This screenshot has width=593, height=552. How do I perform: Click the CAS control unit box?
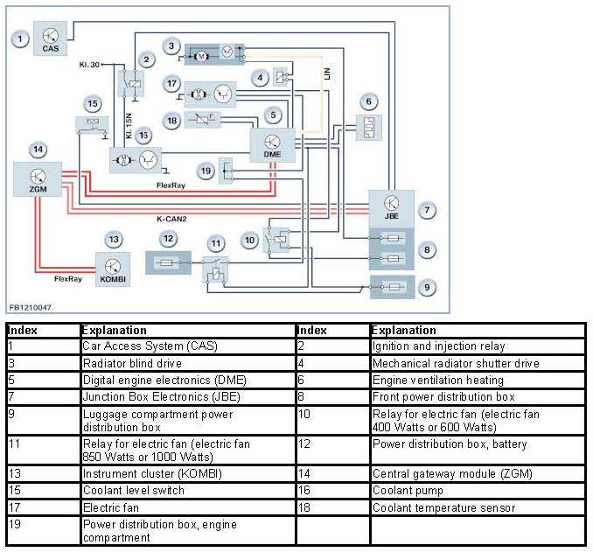(51, 38)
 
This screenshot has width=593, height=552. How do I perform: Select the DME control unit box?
(273, 145)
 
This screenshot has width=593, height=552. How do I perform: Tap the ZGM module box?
(38, 179)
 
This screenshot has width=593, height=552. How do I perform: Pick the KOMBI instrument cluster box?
(113, 269)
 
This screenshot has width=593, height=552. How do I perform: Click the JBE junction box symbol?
(392, 209)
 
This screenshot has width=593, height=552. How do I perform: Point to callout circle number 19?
(206, 171)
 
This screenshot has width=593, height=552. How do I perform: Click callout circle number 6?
(369, 101)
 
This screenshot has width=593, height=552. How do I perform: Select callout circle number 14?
(38, 150)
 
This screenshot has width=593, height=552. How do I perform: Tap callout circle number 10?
(249, 241)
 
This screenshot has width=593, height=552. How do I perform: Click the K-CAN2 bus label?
(171, 219)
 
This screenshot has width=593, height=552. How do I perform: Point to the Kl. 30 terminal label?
(89, 65)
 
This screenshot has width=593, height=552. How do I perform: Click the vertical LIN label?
(327, 73)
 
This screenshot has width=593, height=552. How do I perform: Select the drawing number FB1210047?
(31, 308)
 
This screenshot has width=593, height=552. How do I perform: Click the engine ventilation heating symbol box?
(369, 128)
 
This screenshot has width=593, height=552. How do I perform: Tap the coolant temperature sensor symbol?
(203, 120)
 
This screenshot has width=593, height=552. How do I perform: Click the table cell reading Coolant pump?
(408, 491)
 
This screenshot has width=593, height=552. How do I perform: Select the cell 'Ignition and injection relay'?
(439, 346)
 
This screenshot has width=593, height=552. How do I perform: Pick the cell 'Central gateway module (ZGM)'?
(452, 473)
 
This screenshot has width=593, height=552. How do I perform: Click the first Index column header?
(23, 331)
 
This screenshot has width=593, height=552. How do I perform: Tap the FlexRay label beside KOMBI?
(68, 279)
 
